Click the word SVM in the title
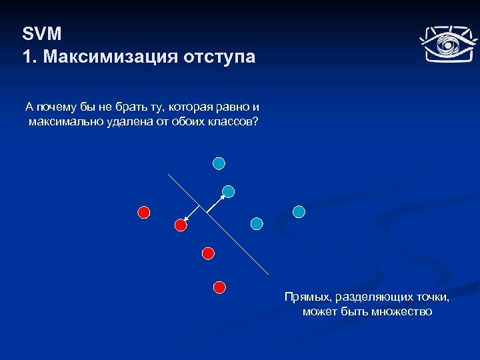(x=42, y=34)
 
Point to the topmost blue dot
(x=219, y=163)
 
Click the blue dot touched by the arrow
(x=228, y=191)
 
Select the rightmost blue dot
(x=299, y=211)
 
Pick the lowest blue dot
(x=257, y=224)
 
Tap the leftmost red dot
(x=143, y=213)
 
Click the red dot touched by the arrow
(x=180, y=225)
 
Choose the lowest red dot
(x=219, y=287)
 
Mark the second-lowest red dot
(x=208, y=253)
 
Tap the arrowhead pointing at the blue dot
(x=222, y=196)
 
